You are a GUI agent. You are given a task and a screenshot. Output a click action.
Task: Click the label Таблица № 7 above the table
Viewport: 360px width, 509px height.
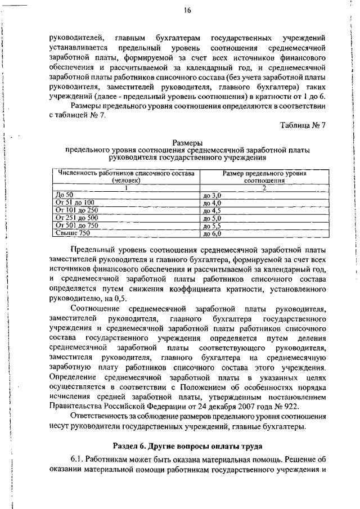pos(303,125)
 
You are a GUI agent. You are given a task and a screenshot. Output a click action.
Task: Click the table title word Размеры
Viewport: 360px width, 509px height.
pos(187,143)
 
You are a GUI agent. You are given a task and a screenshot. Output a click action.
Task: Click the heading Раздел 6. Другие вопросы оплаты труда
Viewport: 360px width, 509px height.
pos(187,447)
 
